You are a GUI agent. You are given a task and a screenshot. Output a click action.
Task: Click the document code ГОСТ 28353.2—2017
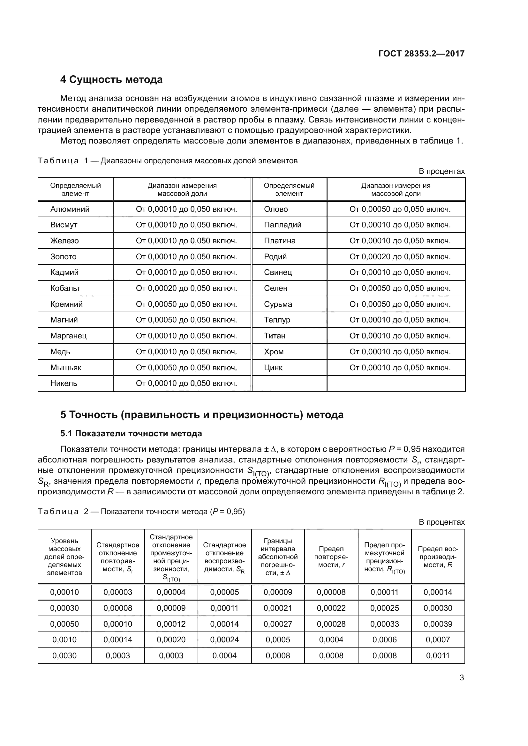coord(421,54)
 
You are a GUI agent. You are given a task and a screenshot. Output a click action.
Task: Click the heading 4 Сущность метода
coord(111,80)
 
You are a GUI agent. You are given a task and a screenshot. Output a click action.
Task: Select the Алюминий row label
coord(70,209)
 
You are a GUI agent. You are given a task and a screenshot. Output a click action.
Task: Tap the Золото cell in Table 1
coord(64,257)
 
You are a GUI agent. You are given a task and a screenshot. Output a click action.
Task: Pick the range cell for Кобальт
coord(186,288)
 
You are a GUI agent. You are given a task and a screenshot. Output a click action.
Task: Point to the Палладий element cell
coord(283,225)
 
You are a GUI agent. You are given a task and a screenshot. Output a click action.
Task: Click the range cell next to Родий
coord(400,257)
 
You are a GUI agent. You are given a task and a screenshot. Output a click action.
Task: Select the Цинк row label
coord(273,367)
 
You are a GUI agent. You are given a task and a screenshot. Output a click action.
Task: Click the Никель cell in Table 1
coord(64,383)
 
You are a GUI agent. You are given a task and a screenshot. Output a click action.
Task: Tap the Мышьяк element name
coord(66,367)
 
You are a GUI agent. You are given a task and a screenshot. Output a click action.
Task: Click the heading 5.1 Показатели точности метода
coord(131,433)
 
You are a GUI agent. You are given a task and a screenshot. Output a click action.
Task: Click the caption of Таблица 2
coord(141,511)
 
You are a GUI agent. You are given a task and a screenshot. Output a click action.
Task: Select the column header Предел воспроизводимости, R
coord(438,557)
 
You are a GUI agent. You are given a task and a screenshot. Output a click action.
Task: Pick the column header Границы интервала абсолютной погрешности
coord(278,557)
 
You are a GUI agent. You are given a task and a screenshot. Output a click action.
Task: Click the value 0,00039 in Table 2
coord(438,624)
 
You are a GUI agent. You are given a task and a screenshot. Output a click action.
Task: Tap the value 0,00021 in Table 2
coord(278,608)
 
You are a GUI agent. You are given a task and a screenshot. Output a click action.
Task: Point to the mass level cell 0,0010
coord(64,640)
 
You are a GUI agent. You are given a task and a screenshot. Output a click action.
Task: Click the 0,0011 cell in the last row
coord(438,656)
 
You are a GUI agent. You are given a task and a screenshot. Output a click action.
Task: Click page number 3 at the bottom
coord(462,678)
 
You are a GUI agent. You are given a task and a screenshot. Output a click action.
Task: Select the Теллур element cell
coord(277,320)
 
